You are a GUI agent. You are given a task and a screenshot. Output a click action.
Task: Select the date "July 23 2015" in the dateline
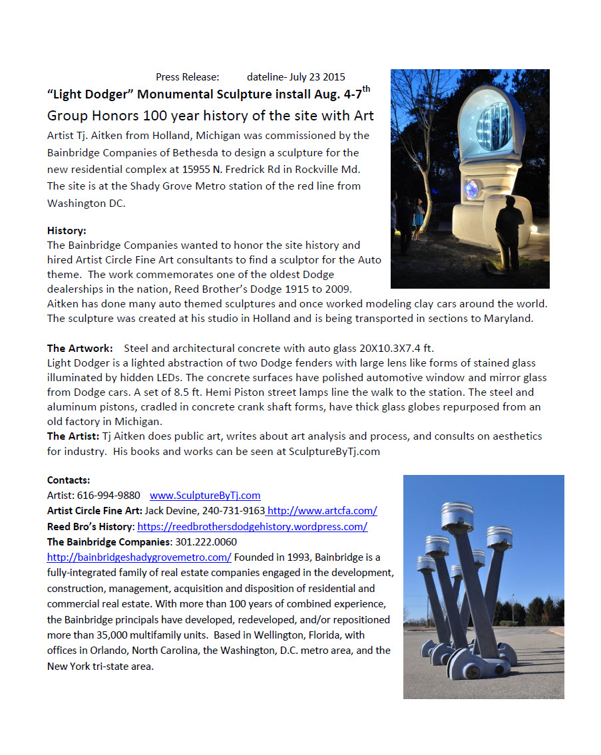[317, 77]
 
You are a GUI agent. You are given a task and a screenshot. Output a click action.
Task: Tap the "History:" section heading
[67, 231]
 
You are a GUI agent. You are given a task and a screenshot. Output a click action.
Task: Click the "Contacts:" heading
[69, 480]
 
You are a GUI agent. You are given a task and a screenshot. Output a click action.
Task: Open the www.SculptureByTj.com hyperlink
[205, 496]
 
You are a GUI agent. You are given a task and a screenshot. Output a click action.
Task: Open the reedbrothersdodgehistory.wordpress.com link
[252, 527]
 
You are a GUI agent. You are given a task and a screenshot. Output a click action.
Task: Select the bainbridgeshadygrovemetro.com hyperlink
[139, 557]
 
